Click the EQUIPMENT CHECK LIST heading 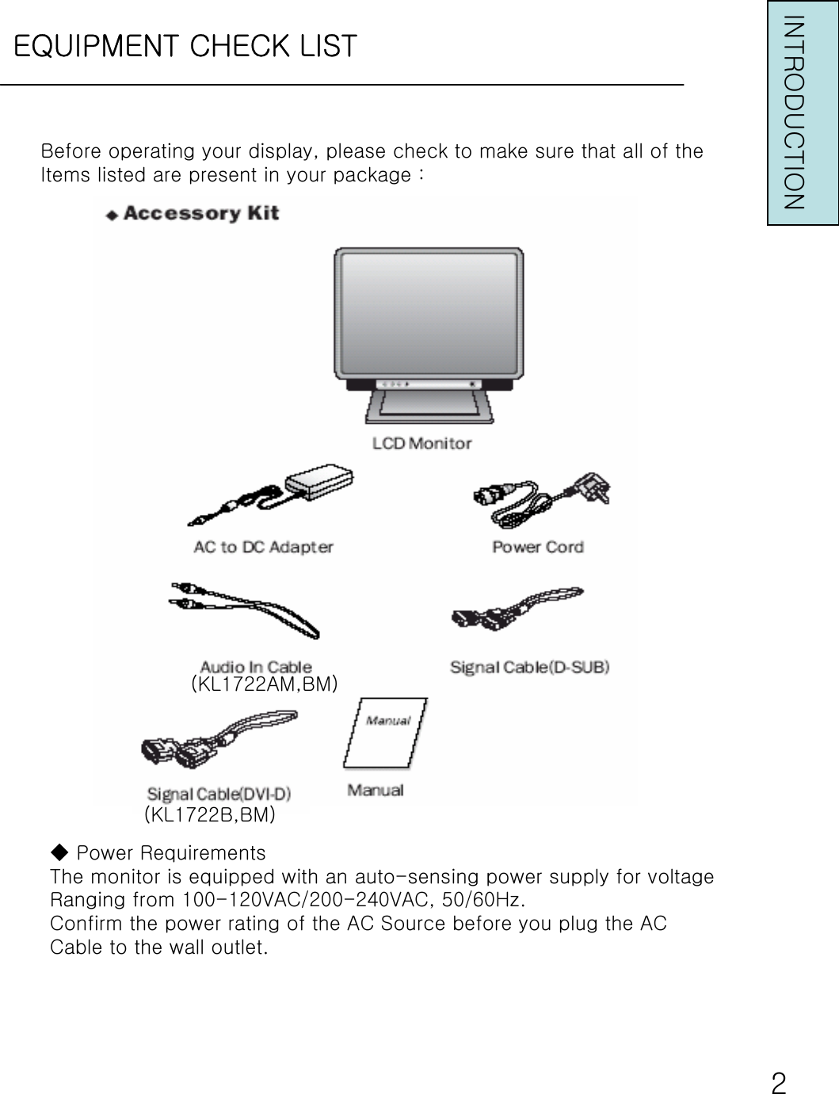coord(185,46)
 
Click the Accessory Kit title coord(193,214)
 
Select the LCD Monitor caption coord(421,444)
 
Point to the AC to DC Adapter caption coord(264,547)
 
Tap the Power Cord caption coord(537,547)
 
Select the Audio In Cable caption coord(255,667)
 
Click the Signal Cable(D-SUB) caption coord(529,667)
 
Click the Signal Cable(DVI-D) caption coord(219,794)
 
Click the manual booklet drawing coord(385,734)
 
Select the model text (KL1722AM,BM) coord(265,684)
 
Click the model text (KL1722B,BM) coord(210,814)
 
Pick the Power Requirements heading coord(170,853)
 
